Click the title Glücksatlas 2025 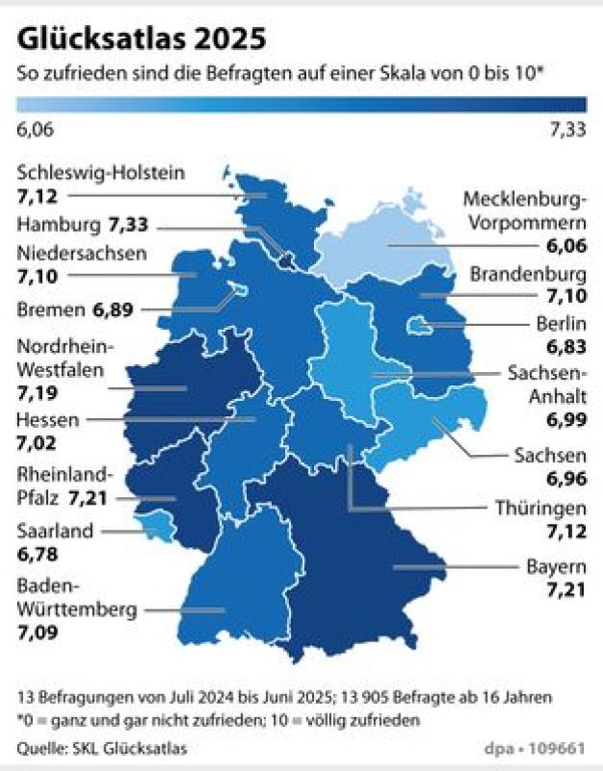pyautogui.click(x=139, y=39)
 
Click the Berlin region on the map pyautogui.click(x=420, y=328)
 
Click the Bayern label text pyautogui.click(x=556, y=564)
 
